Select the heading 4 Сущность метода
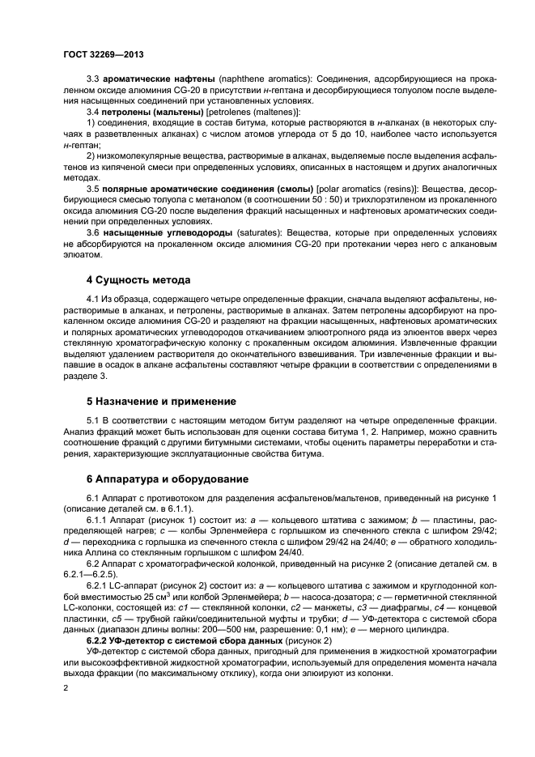click(138, 281)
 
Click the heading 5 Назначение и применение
click(161, 401)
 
